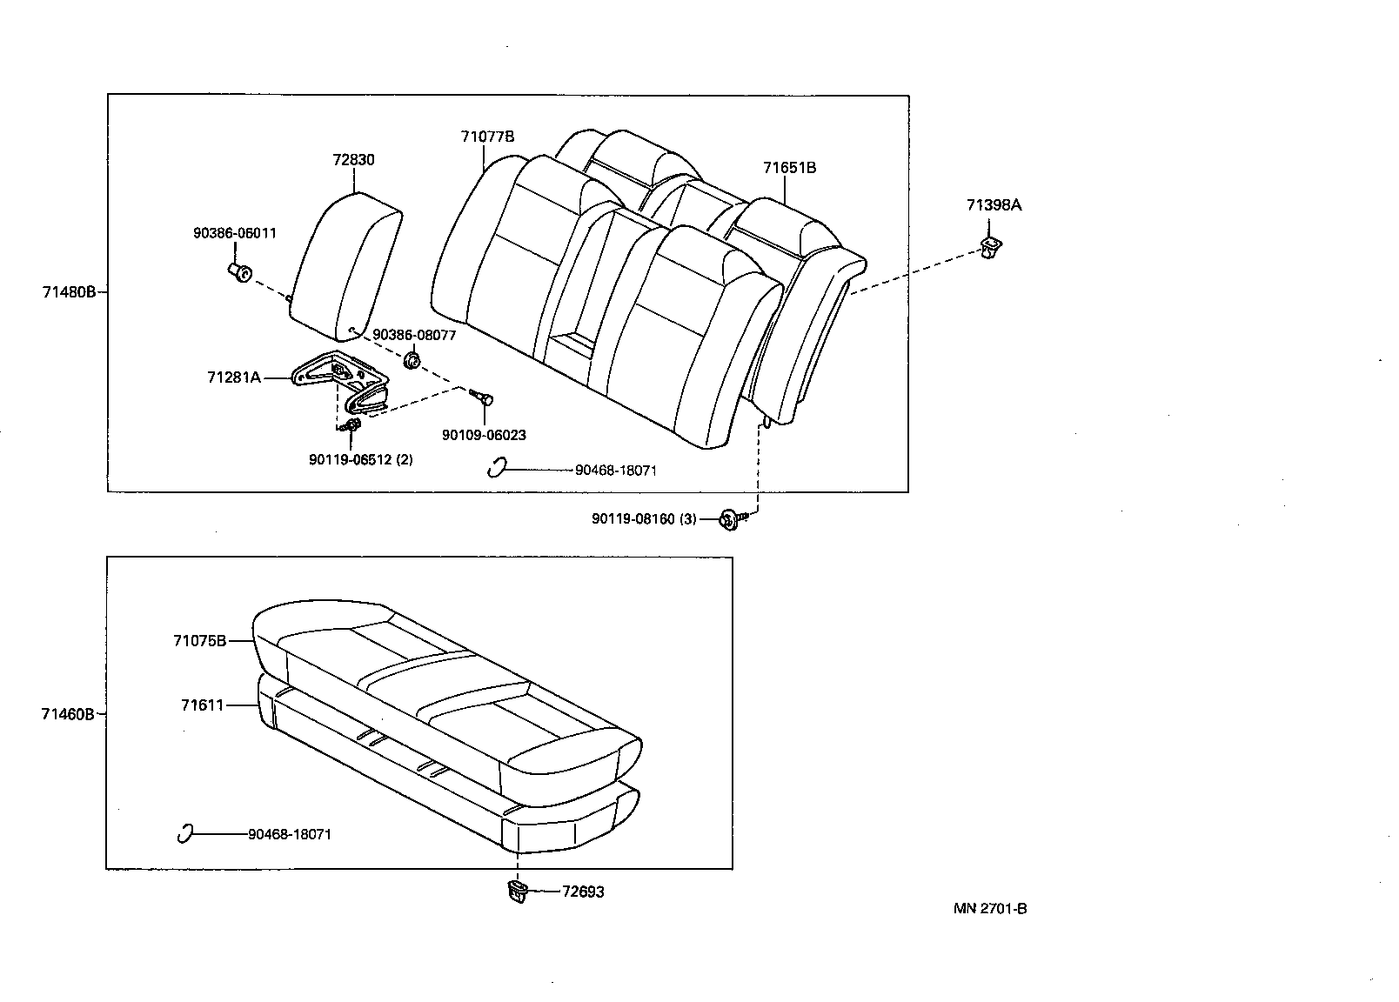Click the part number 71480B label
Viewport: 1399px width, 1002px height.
pyautogui.click(x=69, y=292)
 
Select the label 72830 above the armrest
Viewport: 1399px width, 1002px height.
pyautogui.click(x=353, y=160)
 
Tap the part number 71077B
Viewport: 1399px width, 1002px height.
pyautogui.click(x=487, y=137)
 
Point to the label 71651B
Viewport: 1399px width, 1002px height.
pyautogui.click(x=789, y=168)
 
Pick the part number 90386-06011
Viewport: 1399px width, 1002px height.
pyautogui.click(x=234, y=233)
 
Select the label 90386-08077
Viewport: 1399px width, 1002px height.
pyautogui.click(x=414, y=335)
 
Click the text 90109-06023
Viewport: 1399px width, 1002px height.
pyautogui.click(x=483, y=436)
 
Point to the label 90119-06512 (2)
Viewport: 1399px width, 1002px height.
pyautogui.click(x=360, y=459)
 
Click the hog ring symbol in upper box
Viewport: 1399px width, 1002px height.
pyautogui.click(x=497, y=468)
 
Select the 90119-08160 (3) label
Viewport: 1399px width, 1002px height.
pyautogui.click(x=644, y=519)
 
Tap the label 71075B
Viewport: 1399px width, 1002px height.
pyautogui.click(x=199, y=641)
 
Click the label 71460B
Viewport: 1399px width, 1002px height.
pyautogui.click(x=67, y=714)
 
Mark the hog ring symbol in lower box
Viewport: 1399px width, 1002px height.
pyautogui.click(x=184, y=833)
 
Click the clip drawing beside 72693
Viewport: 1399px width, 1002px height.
pyautogui.click(x=518, y=891)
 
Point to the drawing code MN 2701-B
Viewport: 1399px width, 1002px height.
pyautogui.click(x=990, y=909)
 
